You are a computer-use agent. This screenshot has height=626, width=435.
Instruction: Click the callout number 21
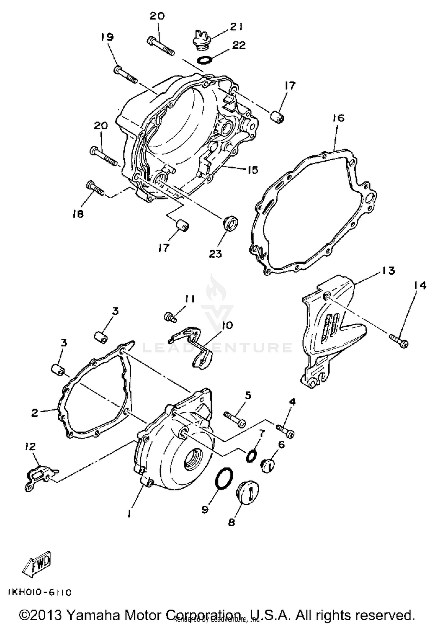point(236,27)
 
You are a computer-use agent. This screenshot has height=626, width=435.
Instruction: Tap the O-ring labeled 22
point(204,60)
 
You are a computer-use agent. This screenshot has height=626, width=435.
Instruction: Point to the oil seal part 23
point(230,224)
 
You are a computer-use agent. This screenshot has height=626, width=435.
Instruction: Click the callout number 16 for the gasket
point(338,118)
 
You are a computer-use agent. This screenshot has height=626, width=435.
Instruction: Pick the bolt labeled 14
point(400,340)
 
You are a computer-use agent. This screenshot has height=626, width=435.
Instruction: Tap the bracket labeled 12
point(39,478)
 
